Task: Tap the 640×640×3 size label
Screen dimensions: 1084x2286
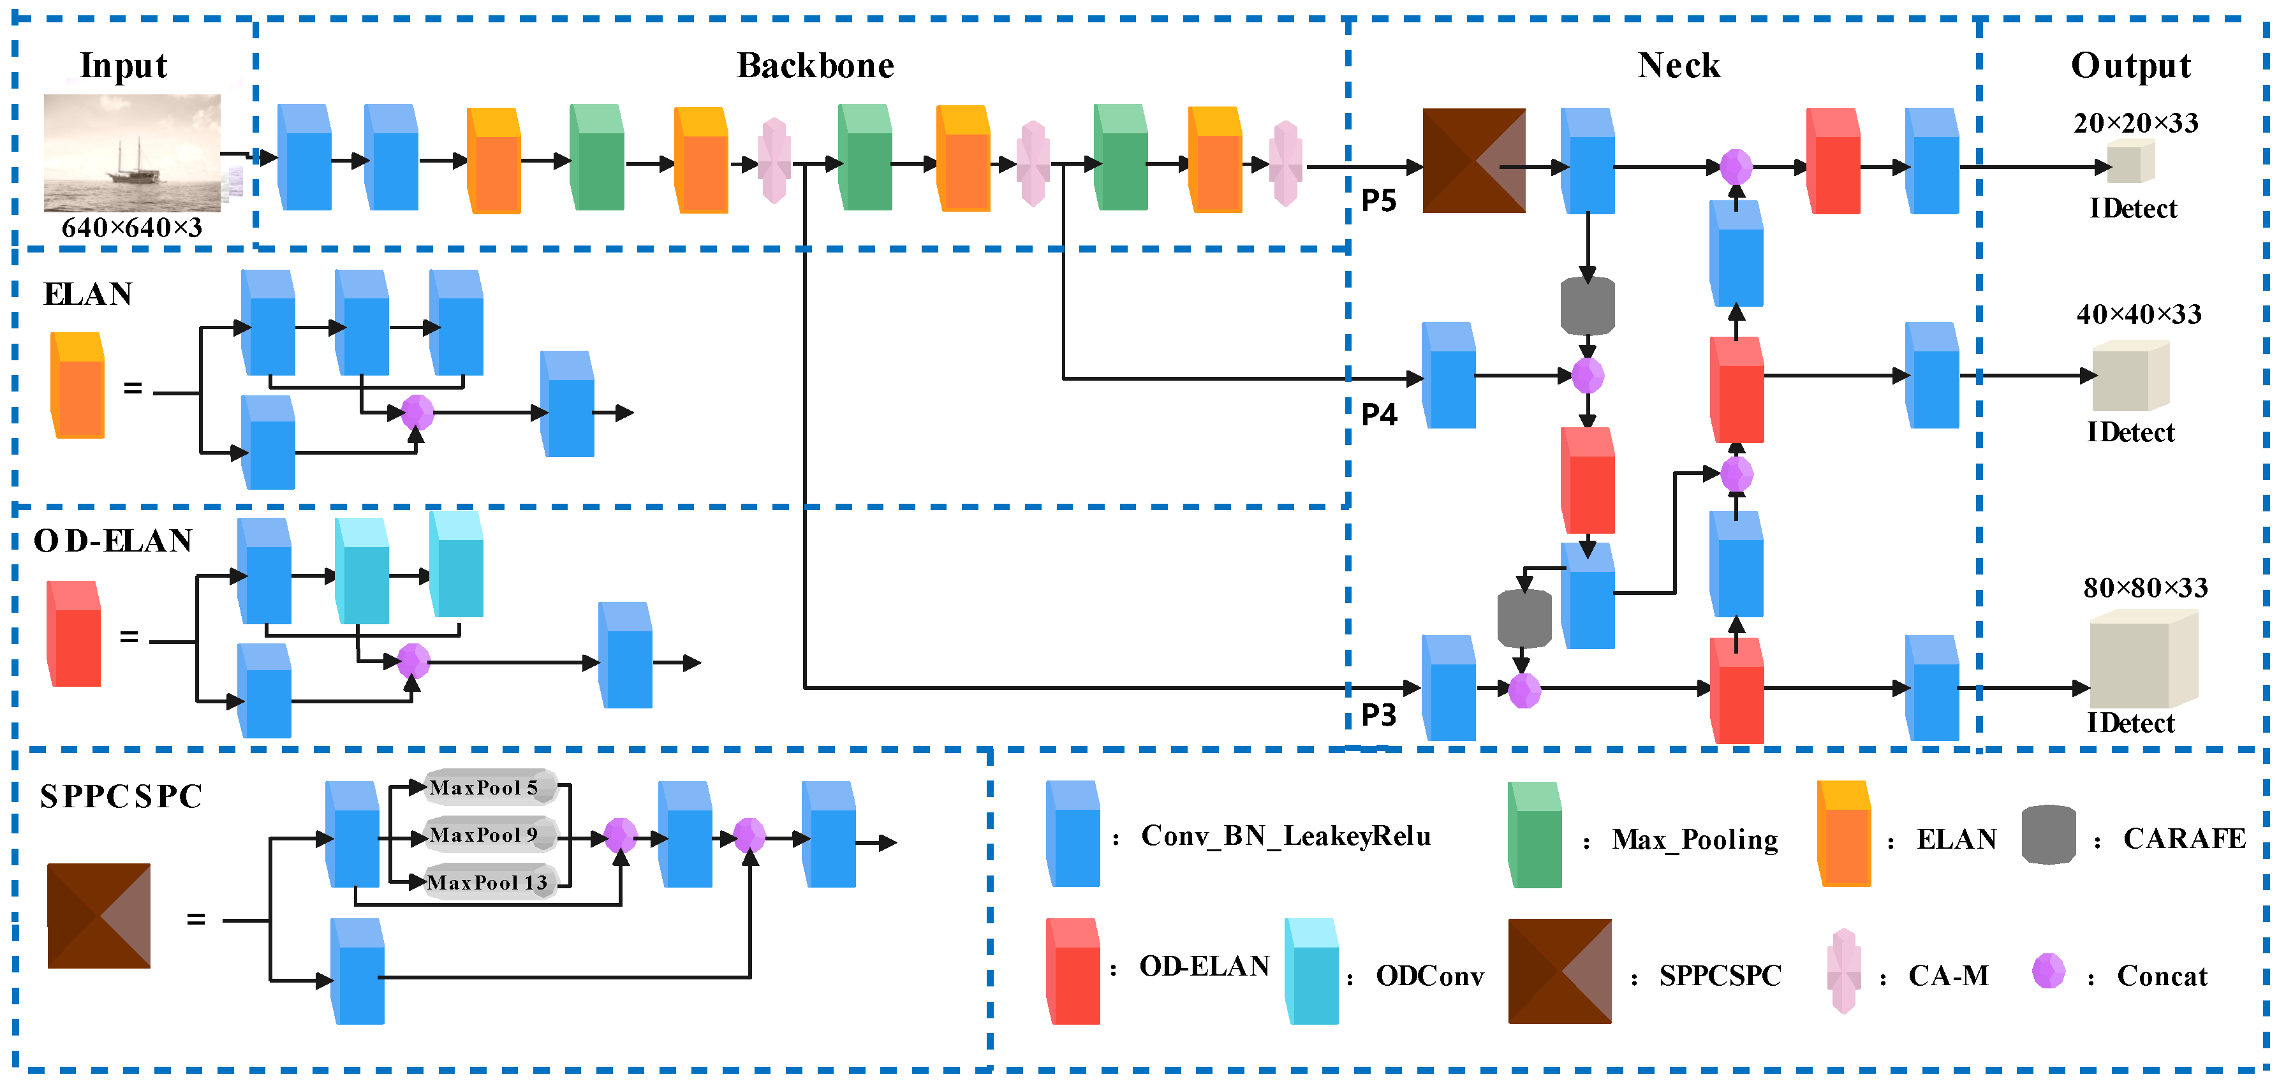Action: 131,228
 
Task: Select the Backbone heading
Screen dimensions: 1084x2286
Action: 815,66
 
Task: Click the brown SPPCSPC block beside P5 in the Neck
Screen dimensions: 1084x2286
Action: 1473,161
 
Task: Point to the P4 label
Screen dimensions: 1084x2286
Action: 1378,414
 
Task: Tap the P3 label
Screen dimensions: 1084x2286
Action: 1378,714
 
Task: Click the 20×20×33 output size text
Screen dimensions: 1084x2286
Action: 2135,123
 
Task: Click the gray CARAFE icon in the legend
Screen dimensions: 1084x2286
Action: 2048,835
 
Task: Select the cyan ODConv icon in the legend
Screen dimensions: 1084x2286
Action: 1311,971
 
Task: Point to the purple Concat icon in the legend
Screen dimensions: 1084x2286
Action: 2048,971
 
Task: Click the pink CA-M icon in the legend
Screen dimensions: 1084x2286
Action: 1843,971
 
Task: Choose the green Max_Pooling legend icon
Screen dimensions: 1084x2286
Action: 1535,835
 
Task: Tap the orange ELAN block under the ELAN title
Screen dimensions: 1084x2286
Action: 78,386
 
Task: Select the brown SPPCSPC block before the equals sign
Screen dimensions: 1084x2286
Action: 98,916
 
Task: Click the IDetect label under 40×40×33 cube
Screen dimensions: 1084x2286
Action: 2130,433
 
